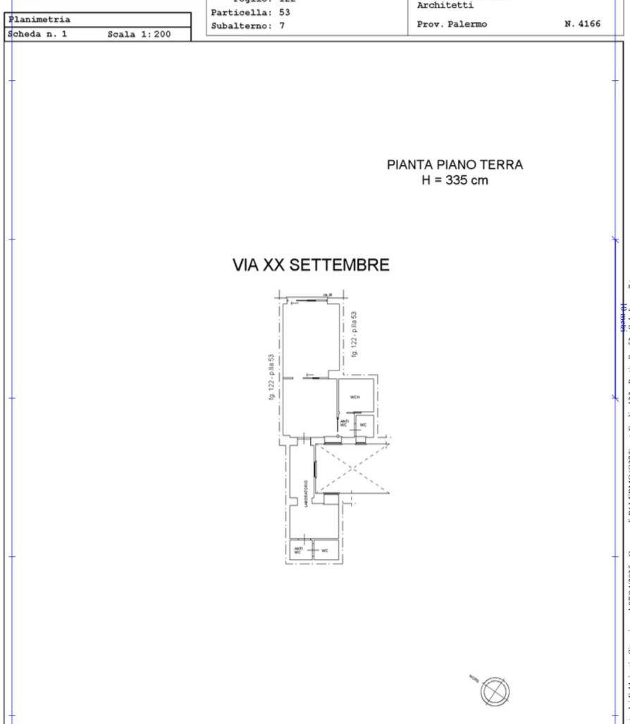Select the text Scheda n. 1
37,34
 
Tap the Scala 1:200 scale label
139,34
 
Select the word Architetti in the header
441,6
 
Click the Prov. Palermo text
452,24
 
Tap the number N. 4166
582,24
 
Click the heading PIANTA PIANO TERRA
455,166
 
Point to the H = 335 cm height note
455,181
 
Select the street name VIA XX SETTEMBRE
311,266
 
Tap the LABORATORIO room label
306,494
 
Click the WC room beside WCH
364,425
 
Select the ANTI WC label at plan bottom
298,550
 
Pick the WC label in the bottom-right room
325,551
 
